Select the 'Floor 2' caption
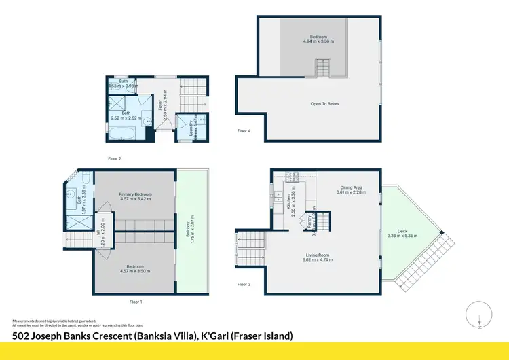(114, 158)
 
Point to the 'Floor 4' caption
(244, 130)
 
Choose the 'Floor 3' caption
(244, 284)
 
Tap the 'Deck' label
(402, 232)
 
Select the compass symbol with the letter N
(479, 315)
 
